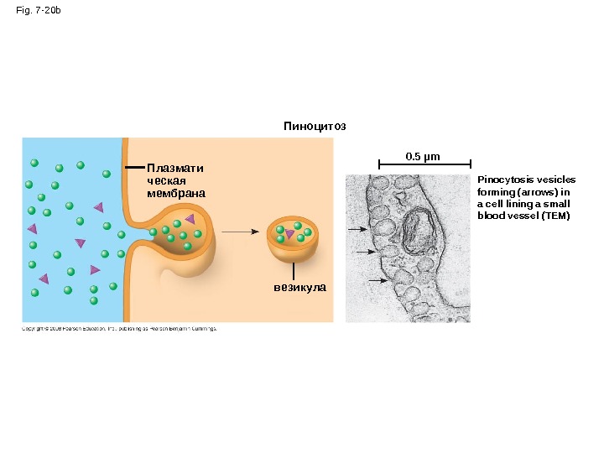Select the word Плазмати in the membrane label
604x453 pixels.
(174, 168)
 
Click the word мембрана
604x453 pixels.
(175, 193)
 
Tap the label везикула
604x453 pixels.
(299, 287)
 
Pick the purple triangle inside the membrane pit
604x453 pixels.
(190, 219)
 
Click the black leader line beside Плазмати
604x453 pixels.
(134, 168)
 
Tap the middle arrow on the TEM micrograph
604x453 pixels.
(363, 252)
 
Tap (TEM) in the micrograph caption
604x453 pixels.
(555, 216)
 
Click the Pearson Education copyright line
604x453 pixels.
(119, 329)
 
